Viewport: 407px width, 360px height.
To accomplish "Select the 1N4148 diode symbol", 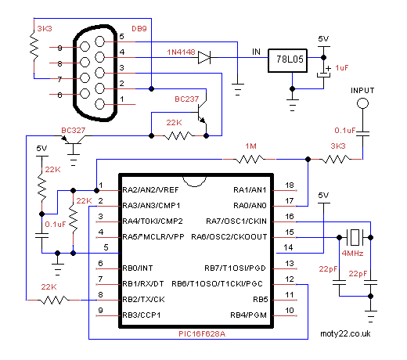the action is point(204,57).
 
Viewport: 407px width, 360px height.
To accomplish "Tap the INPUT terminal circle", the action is point(362,103).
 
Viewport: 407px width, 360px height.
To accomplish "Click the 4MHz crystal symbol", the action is point(355,237).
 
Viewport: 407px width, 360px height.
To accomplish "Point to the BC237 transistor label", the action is point(187,99).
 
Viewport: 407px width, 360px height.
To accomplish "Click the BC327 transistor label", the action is point(74,131).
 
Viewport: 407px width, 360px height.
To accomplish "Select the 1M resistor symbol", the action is point(249,159).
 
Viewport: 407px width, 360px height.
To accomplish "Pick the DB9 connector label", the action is point(139,29).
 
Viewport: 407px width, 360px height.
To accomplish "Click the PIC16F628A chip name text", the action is point(202,334).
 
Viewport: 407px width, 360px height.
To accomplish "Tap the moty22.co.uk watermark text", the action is point(345,333).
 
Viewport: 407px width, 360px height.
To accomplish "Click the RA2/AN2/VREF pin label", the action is point(150,190).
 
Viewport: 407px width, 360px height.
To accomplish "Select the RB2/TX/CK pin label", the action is point(143,300).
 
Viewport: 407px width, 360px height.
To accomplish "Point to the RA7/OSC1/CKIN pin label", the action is point(236,221).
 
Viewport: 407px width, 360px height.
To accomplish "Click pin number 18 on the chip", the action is point(290,185).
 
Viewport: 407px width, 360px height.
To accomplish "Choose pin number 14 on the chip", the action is point(288,247).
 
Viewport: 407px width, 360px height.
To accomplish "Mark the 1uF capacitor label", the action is point(342,68).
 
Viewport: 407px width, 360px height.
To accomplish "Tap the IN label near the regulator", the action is point(256,52).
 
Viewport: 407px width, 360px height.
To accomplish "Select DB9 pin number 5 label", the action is point(121,37).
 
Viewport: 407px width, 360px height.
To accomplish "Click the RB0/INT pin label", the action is point(138,268).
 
